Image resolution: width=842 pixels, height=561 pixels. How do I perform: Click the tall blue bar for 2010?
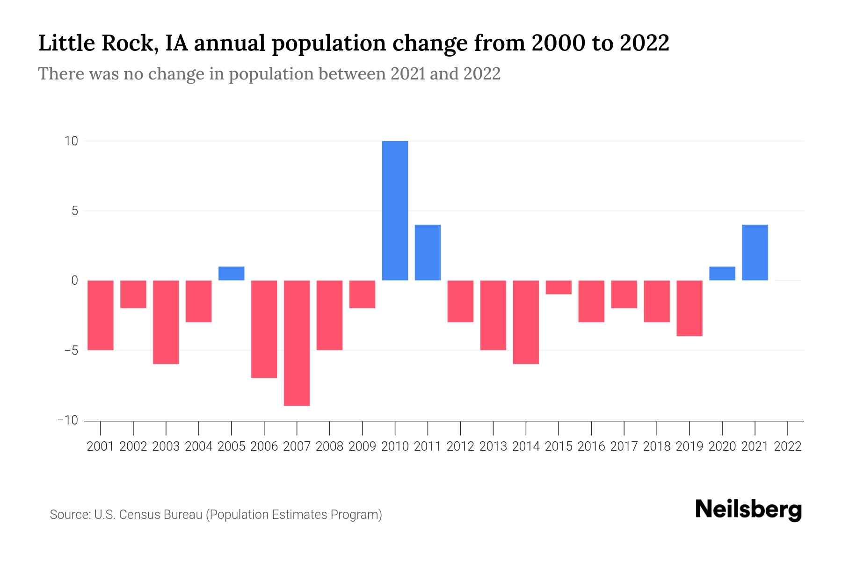pos(395,210)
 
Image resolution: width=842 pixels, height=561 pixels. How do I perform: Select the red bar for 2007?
pos(297,343)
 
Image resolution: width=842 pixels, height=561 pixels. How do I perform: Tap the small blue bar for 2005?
pos(231,273)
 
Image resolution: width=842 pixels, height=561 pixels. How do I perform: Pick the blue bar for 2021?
pos(755,252)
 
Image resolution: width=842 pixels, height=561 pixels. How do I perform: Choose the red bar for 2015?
pos(559,287)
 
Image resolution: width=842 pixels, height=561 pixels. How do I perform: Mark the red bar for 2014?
pos(526,322)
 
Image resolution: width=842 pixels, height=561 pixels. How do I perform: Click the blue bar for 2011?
pos(428,252)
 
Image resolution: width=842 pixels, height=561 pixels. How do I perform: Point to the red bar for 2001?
pos(101,315)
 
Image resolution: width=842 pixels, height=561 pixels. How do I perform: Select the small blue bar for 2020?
pos(722,273)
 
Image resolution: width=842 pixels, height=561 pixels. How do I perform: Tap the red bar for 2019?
pos(689,308)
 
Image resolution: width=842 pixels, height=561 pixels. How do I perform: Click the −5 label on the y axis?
pos(68,351)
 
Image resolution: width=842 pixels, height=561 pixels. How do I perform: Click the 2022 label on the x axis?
pos(788,446)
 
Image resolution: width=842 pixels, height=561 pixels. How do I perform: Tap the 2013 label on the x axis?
pos(493,446)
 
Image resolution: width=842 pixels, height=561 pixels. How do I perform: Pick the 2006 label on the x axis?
pos(264,446)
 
